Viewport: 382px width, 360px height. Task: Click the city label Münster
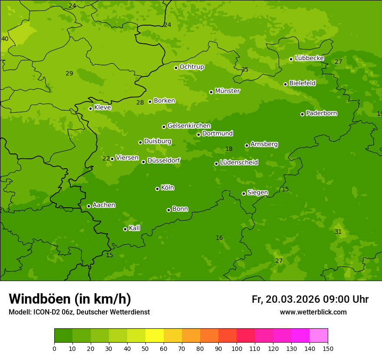pyautogui.click(x=227, y=91)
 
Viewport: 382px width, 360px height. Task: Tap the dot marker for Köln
pyautogui.click(x=157, y=189)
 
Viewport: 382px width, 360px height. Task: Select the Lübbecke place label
pyautogui.click(x=309, y=58)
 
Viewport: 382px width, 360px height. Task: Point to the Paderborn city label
pyautogui.click(x=321, y=113)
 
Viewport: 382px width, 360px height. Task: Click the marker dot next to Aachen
pyautogui.click(x=89, y=206)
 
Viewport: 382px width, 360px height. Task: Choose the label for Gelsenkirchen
pyautogui.click(x=189, y=126)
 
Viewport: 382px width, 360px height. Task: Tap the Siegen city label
pyautogui.click(x=257, y=193)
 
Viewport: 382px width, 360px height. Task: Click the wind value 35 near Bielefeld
pyautogui.click(x=245, y=70)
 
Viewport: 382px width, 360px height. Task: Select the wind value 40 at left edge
pyautogui.click(x=5, y=39)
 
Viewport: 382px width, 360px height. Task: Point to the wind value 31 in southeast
pyautogui.click(x=338, y=232)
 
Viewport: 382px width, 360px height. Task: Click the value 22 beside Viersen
pyautogui.click(x=106, y=159)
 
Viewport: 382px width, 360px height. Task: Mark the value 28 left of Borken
pyautogui.click(x=140, y=103)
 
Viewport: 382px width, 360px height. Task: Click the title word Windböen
pyautogui.click(x=40, y=299)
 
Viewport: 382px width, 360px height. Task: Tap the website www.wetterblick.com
pyautogui.click(x=313, y=312)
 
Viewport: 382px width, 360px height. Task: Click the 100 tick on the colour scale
pyautogui.click(x=237, y=349)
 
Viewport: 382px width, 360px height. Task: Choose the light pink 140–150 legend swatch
pyautogui.click(x=319, y=336)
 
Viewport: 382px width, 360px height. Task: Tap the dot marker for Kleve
pyautogui.click(x=90, y=108)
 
